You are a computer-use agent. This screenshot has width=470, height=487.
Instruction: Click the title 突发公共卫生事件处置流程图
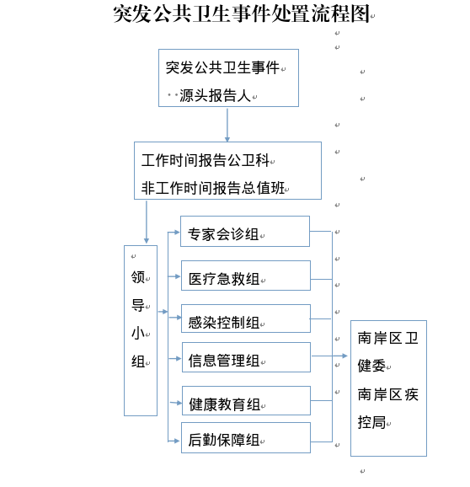pos(242,14)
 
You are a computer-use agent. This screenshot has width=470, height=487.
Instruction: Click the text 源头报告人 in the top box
pos(215,95)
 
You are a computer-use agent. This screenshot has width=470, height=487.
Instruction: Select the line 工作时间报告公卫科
pos(206,160)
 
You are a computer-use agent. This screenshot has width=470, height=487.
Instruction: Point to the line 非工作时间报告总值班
pos(212,188)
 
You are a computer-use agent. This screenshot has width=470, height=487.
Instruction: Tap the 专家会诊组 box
pos(245,232)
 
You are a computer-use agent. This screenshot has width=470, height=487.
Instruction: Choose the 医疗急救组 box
pos(246,276)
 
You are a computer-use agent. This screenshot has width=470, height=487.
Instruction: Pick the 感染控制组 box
pos(246,318)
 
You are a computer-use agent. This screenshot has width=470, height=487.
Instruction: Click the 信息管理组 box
pos(246,357)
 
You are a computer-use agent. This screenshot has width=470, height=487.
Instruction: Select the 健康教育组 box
pos(246,401)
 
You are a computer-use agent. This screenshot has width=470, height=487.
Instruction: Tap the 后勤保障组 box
pos(246,437)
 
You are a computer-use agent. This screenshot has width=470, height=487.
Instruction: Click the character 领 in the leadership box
pos(138,276)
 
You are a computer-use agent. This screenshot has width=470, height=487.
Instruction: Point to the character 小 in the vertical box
pos(138,334)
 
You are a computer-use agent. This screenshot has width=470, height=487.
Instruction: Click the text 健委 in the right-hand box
pos(371,366)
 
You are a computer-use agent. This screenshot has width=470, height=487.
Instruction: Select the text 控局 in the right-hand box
pos(371,422)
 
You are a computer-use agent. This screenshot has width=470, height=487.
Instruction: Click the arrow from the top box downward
pos(227,125)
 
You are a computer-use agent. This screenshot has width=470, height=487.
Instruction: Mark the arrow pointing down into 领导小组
pos(147,222)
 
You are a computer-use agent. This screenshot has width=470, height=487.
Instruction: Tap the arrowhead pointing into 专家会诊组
pos(177,232)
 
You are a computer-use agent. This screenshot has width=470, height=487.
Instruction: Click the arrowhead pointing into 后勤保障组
pos(177,441)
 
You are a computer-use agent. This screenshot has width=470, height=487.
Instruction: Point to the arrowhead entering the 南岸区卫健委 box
pos(344,356)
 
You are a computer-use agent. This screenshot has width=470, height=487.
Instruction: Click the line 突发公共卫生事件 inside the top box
pos(222,67)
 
